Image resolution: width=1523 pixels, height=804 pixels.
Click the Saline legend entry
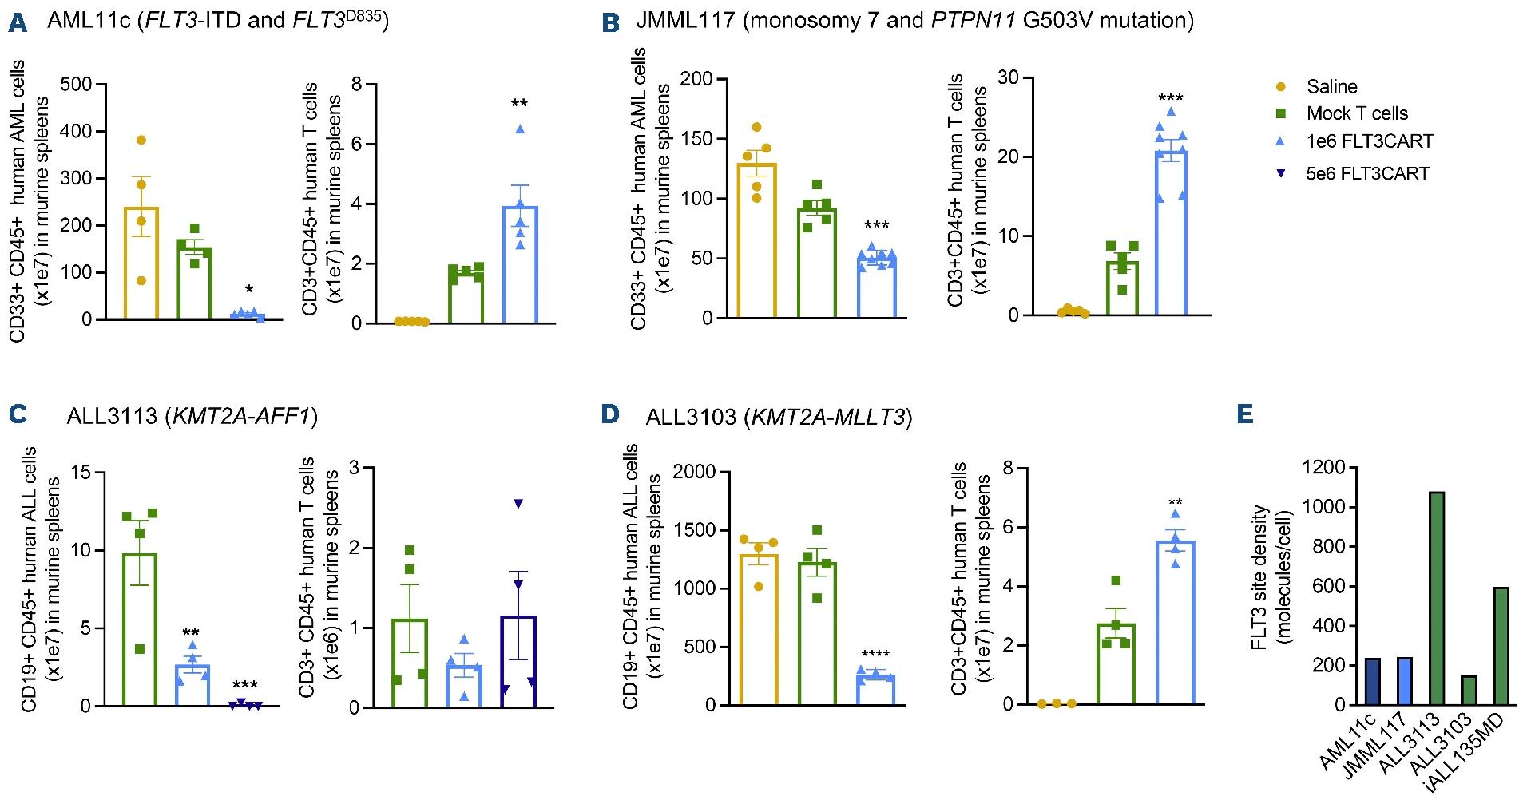[x=1331, y=86]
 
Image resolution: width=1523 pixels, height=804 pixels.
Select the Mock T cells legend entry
[x=1356, y=113]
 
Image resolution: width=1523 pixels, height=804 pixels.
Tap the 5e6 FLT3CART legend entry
[x=1366, y=173]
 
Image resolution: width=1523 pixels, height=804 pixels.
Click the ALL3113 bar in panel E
[x=1436, y=599]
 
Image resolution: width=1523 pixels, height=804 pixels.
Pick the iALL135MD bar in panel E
[x=1501, y=646]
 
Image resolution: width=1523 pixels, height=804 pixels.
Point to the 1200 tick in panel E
[x=1323, y=467]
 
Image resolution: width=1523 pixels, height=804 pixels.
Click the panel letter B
[x=611, y=22]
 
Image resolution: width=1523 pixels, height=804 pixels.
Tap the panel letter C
[x=18, y=414]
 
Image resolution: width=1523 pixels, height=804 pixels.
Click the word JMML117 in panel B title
[x=684, y=20]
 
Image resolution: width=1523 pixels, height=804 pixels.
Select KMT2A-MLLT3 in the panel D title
[x=829, y=417]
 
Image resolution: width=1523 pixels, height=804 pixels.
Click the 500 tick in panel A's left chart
[x=76, y=85]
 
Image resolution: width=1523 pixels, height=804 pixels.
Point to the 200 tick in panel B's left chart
[x=696, y=79]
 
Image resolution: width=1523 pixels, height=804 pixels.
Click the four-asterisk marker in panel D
[x=875, y=655]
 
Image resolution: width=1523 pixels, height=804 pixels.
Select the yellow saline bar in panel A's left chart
[x=141, y=263]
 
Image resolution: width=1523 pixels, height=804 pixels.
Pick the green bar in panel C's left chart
[x=140, y=630]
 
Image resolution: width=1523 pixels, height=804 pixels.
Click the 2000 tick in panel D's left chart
[x=694, y=472]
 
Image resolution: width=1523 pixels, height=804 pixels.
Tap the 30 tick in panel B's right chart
[x=1008, y=77]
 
